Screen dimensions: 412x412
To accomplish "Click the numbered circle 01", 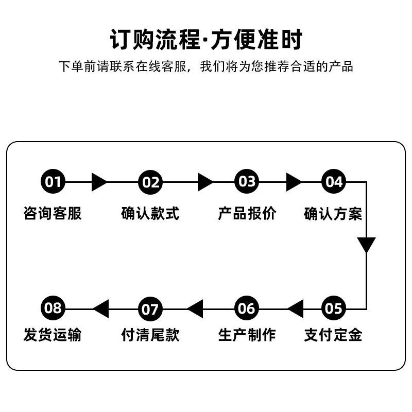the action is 53,182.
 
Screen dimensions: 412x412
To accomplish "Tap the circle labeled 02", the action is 150,182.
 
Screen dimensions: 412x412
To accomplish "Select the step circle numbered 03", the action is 247,182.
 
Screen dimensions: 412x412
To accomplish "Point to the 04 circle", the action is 334,182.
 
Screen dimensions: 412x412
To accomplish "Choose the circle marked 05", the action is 334,308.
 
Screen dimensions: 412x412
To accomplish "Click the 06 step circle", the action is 247,308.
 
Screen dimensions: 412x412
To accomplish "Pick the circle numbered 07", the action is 150,309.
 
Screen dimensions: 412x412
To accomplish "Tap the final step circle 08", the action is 53,308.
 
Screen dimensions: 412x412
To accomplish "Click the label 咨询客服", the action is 53,213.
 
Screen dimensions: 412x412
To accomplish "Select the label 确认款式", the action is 150,213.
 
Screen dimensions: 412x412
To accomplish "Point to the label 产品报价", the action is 247,213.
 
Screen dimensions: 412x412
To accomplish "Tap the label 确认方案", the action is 333,214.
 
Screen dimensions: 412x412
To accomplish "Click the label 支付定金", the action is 333,335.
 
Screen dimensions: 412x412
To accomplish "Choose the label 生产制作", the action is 247,335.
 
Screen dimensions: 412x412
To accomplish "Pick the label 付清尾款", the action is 150,335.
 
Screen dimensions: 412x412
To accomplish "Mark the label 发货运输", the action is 53,335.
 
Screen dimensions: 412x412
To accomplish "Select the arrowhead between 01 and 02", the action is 99,182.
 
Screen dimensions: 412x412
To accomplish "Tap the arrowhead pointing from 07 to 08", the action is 101,308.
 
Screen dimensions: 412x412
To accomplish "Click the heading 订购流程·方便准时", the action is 207,40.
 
